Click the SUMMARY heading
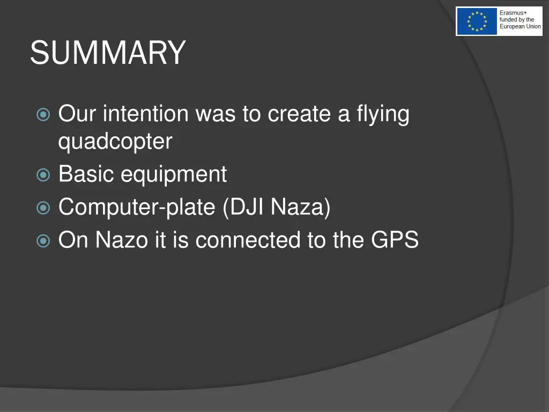point(108,53)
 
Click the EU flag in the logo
point(477,21)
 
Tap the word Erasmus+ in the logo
point(513,13)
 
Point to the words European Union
point(520,26)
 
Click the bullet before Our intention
point(43,115)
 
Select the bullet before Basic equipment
point(43,175)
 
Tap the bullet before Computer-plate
point(43,208)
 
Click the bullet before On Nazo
point(43,241)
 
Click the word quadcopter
point(115,142)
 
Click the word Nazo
point(121,240)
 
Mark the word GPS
point(395,240)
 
